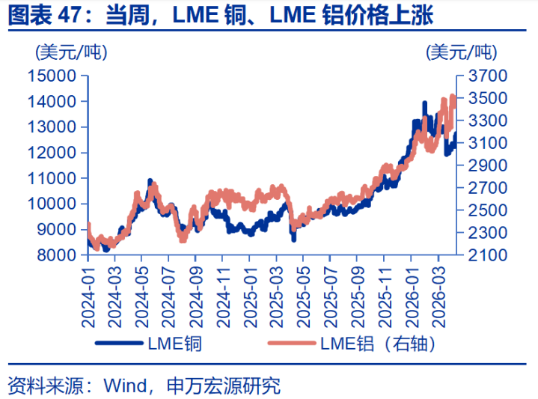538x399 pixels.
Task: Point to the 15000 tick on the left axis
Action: [52, 76]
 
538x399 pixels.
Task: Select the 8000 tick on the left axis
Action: [56, 255]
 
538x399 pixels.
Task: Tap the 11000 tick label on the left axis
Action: [52, 178]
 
